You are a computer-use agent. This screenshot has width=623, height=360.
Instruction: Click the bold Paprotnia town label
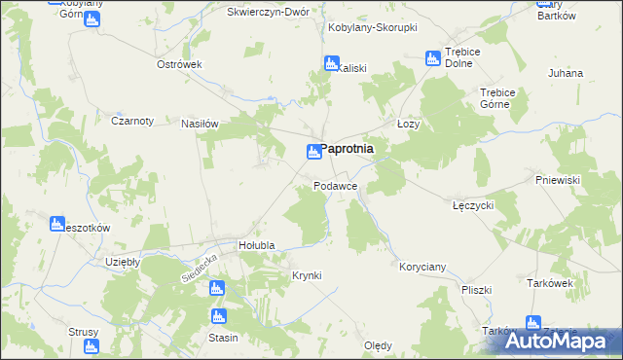(x=348, y=149)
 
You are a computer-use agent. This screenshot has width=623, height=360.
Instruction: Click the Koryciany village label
(x=422, y=266)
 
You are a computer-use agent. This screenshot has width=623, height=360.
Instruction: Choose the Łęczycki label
(x=474, y=206)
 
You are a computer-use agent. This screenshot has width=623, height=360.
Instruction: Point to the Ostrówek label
(x=179, y=64)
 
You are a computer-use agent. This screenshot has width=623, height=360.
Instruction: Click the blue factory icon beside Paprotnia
(x=313, y=151)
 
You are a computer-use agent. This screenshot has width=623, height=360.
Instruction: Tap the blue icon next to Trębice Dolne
(x=432, y=59)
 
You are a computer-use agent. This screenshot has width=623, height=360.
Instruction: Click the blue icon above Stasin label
(x=218, y=316)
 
